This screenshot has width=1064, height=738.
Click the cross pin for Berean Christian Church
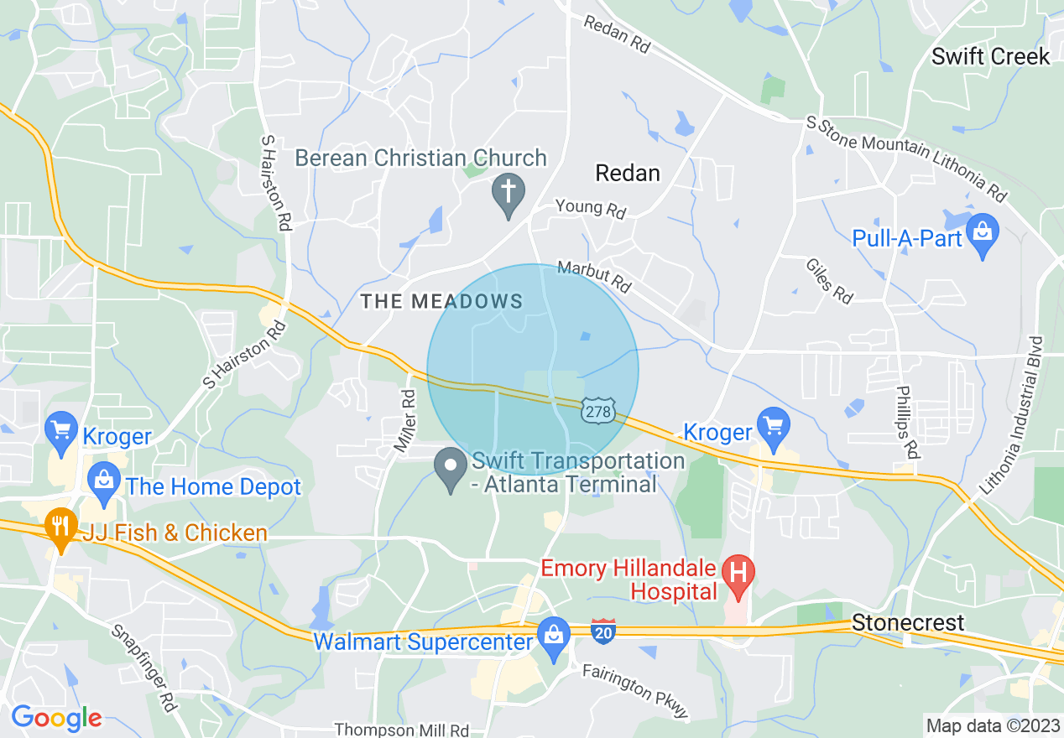(x=508, y=191)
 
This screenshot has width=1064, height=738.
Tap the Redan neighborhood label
(x=627, y=174)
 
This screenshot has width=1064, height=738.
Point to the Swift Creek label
(x=990, y=57)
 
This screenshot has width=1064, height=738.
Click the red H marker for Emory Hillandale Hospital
(x=738, y=574)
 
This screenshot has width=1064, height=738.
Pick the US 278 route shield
(x=599, y=410)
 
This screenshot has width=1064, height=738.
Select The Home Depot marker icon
(x=104, y=481)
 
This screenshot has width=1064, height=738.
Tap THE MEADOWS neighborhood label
(x=441, y=302)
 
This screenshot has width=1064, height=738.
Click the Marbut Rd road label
(x=594, y=278)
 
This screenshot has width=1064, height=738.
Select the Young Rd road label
(x=591, y=209)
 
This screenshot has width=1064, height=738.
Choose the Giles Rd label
(x=829, y=280)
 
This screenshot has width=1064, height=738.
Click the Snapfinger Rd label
(x=144, y=668)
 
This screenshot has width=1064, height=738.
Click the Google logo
(x=56, y=719)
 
